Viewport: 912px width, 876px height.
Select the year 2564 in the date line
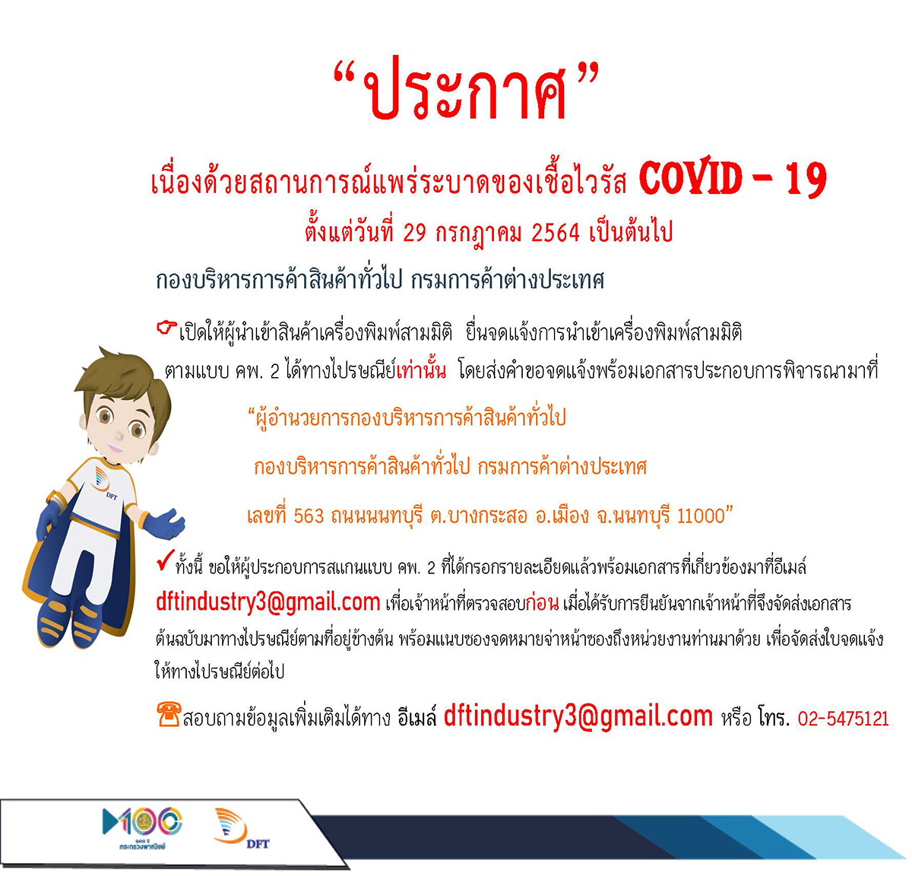(555, 232)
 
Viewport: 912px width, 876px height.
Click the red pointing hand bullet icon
(166, 327)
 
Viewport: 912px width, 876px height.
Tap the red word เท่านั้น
(421, 371)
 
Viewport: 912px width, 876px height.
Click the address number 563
(309, 516)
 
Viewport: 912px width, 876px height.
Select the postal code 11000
(701, 516)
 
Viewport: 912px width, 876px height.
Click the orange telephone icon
(169, 714)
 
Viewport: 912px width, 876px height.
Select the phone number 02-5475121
(843, 719)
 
